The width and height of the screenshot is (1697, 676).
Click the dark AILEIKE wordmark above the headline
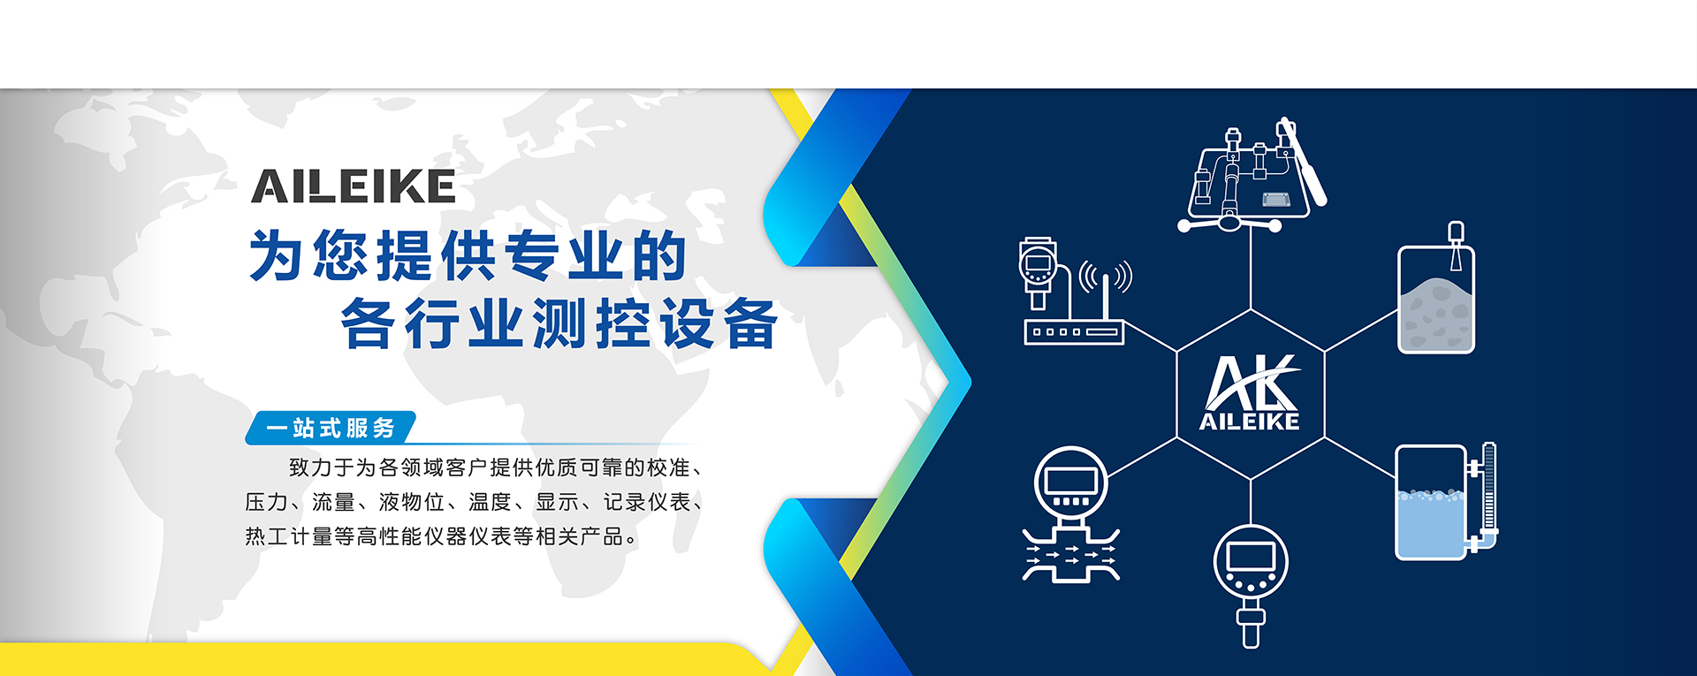[354, 186]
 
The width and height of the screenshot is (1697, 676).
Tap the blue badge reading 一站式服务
[331, 428]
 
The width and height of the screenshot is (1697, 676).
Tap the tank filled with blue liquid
[1431, 503]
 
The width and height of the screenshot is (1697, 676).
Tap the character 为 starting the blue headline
[277, 255]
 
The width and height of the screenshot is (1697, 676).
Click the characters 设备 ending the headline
[719, 323]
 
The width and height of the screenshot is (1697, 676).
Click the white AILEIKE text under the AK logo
[1250, 422]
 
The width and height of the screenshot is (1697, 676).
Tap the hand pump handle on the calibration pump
[1302, 161]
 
